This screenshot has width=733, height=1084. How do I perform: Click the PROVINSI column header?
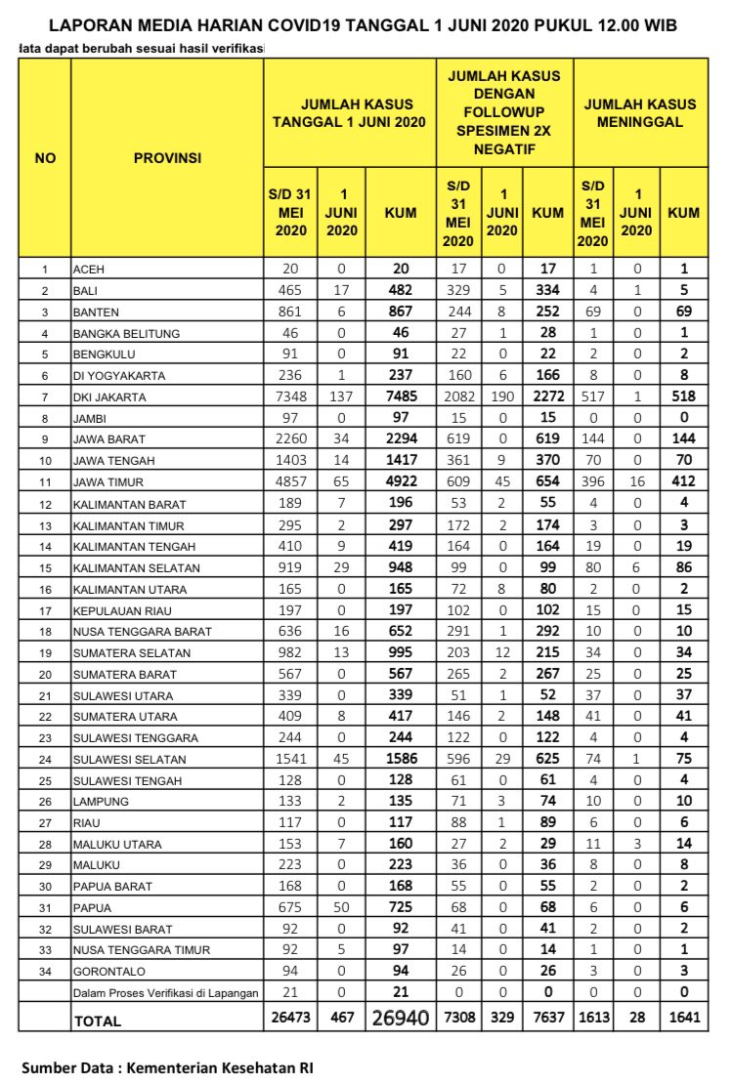tap(167, 157)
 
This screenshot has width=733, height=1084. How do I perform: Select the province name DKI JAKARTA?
tap(109, 397)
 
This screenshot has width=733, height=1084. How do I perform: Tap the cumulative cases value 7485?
tap(401, 396)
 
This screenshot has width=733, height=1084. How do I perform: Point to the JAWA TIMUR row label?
tap(108, 482)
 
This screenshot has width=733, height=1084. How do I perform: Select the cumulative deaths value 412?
tap(683, 481)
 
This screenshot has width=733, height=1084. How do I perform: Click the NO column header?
tap(45, 157)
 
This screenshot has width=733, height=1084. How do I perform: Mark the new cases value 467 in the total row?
tap(341, 1018)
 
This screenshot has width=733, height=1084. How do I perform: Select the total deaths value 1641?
tap(683, 1018)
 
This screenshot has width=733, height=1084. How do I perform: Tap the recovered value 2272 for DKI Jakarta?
tap(546, 396)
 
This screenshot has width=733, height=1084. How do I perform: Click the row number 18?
tap(45, 632)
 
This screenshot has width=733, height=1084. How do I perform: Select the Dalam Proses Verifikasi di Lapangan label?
tap(166, 993)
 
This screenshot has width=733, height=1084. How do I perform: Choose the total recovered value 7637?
tap(546, 1018)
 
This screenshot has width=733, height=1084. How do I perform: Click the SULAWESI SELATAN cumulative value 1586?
tap(401, 758)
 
